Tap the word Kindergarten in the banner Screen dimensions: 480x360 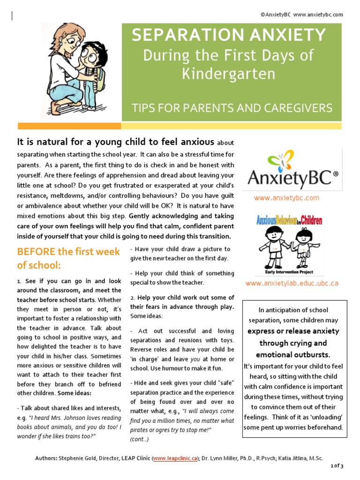click(x=228, y=74)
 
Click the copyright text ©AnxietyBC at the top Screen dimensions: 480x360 click(x=276, y=15)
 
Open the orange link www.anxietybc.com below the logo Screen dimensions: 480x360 click(x=286, y=198)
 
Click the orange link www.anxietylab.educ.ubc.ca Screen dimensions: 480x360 click(x=292, y=283)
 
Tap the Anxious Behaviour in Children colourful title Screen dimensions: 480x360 click(x=289, y=220)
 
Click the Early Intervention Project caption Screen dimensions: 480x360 click(x=286, y=272)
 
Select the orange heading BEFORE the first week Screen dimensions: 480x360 click(x=68, y=251)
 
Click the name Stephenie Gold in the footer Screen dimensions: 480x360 click(x=75, y=458)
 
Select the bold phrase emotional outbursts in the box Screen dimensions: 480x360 click(x=293, y=354)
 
